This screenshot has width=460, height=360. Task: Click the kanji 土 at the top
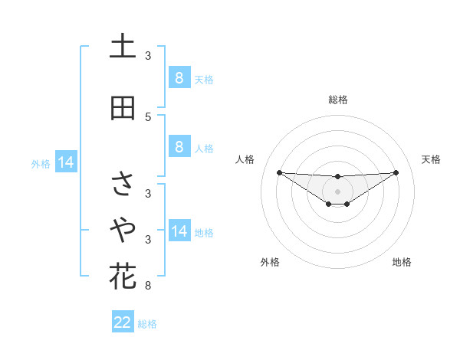tap(123, 47)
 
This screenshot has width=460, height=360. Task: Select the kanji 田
tap(123, 109)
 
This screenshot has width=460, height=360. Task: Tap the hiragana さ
tap(123, 183)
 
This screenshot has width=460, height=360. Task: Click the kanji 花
tap(123, 276)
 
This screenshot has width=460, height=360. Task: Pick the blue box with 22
tap(123, 322)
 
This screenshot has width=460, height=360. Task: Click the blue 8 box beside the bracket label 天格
tap(179, 78)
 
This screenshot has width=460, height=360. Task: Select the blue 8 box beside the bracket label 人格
tap(179, 147)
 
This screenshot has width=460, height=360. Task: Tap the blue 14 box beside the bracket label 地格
tap(179, 231)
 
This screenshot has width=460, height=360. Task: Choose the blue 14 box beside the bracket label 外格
tap(65, 162)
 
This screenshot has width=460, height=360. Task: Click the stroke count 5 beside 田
tap(148, 117)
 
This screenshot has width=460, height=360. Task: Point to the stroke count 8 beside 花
tap(148, 286)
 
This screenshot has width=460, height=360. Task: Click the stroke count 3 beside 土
tap(148, 56)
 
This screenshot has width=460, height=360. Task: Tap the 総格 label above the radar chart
tap(338, 100)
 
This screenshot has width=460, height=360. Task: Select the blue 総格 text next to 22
tap(147, 323)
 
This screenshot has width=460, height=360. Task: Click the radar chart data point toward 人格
tap(279, 172)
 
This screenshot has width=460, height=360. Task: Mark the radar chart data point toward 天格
tap(396, 172)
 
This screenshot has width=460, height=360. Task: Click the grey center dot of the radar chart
tap(338, 191)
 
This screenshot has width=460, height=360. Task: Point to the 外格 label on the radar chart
tap(270, 262)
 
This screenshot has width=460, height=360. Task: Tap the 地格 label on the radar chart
tap(402, 262)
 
